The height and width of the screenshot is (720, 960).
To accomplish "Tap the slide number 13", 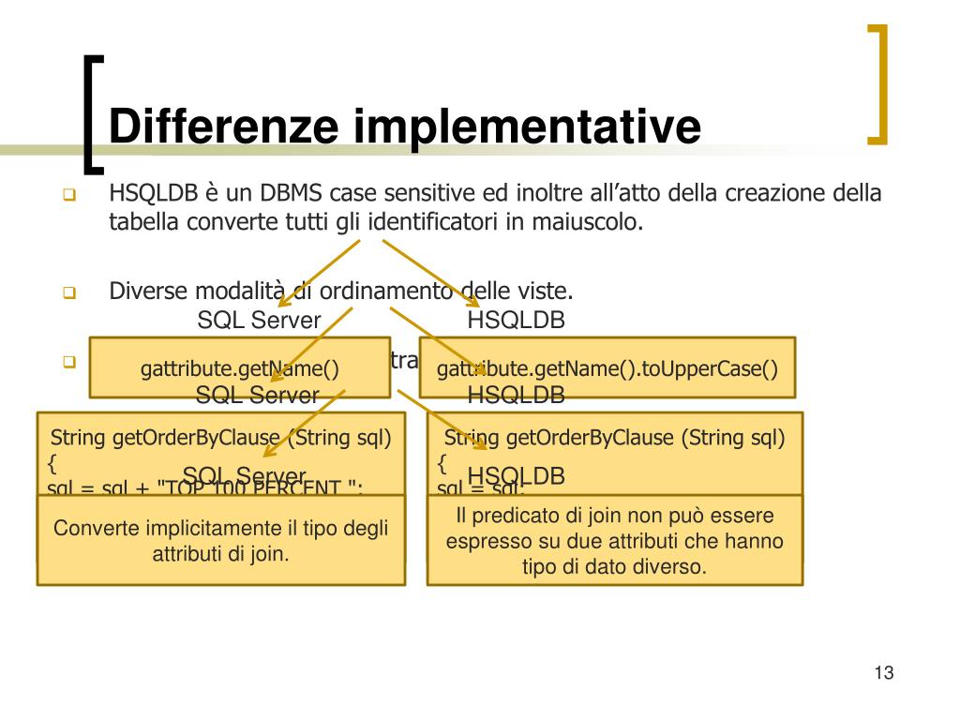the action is [x=883, y=673].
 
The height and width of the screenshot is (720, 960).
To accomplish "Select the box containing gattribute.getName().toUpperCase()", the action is [x=607, y=368].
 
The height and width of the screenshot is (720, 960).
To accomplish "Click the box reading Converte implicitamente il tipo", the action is [x=221, y=541].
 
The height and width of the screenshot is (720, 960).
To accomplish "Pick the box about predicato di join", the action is [x=615, y=541].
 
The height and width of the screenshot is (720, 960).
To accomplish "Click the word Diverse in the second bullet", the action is [x=147, y=290].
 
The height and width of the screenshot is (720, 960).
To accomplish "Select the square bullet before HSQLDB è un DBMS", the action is [x=68, y=196].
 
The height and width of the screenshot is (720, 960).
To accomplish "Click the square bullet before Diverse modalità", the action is [x=68, y=292].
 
